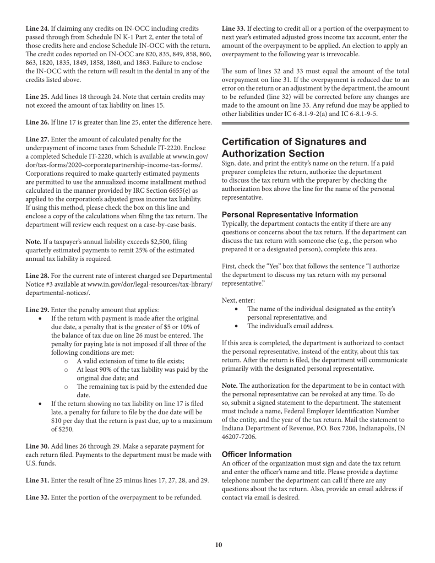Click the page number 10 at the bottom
tap(218, 545)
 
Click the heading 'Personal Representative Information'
tap(290, 215)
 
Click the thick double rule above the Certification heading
tap(315, 123)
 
